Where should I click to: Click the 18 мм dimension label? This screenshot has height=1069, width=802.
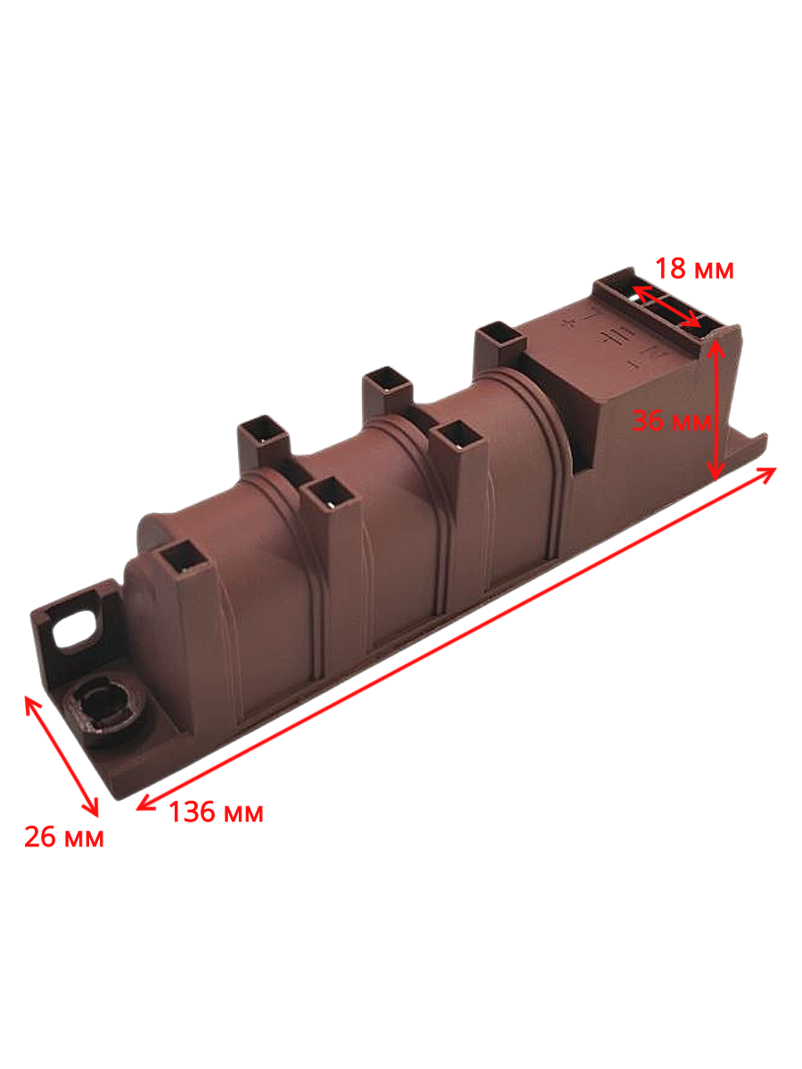point(694,268)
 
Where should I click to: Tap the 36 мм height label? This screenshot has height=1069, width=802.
point(672,420)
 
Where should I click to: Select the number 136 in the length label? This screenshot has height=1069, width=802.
point(192,812)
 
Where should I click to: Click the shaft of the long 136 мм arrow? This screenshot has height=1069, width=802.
point(455,639)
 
